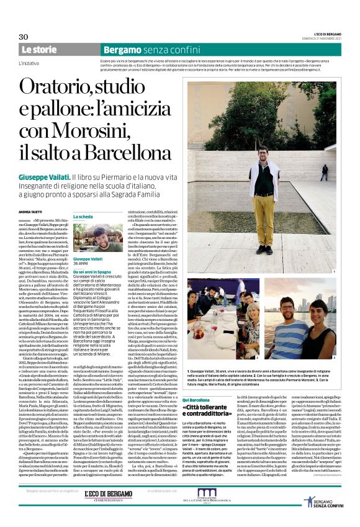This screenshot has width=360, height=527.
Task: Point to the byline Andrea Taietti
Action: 32,212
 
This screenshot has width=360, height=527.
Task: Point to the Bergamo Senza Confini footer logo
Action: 323,499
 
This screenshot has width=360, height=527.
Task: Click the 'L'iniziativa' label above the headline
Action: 29,63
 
